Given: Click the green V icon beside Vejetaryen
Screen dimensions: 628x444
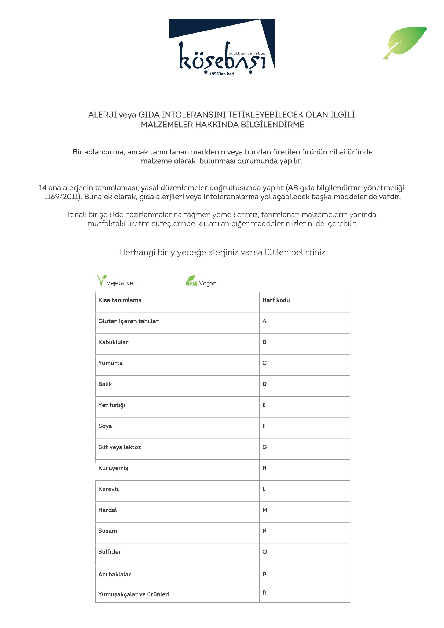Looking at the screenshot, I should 101,280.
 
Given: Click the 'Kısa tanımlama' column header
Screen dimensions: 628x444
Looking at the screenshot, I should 120,300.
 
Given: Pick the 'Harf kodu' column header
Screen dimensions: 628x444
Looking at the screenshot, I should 276,300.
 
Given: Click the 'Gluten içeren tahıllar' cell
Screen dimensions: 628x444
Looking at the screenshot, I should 128,321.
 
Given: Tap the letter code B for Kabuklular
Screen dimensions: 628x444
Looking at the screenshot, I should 264,342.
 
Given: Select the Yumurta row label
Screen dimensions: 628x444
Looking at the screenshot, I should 110,363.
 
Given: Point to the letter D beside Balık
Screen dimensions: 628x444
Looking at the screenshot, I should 264,384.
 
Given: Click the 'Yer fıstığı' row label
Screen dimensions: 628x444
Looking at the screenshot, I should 112,405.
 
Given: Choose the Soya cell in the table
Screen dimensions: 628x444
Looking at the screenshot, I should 105,426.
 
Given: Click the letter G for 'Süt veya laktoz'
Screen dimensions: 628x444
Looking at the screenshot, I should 265,447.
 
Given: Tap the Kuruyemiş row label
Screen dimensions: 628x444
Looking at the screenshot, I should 113,468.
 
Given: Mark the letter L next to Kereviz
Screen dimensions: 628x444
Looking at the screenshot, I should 264,489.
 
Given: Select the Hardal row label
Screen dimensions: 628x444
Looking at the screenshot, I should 107,510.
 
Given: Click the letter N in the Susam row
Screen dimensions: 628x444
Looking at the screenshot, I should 264,531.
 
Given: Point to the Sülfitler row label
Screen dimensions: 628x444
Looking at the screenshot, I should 110,552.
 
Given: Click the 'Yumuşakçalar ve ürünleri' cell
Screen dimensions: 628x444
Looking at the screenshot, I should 134,594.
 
